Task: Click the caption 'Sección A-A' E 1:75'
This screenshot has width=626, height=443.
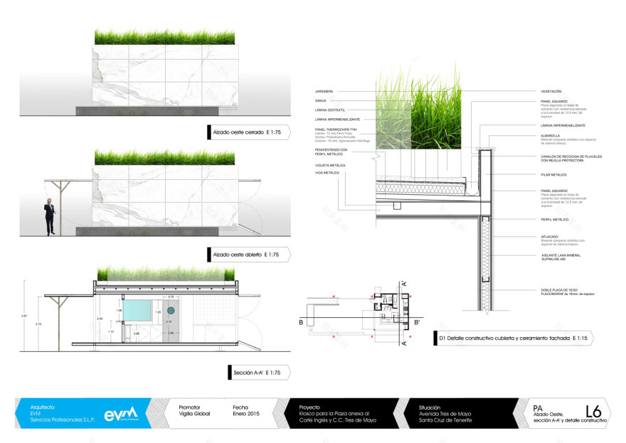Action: click(257, 372)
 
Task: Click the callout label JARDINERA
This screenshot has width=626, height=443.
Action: click(324, 92)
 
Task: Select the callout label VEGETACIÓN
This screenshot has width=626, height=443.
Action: click(551, 92)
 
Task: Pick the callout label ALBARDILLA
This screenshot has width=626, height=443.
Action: click(551, 135)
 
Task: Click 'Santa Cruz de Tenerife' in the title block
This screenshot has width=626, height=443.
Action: click(441, 421)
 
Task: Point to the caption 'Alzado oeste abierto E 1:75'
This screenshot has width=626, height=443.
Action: click(246, 254)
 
